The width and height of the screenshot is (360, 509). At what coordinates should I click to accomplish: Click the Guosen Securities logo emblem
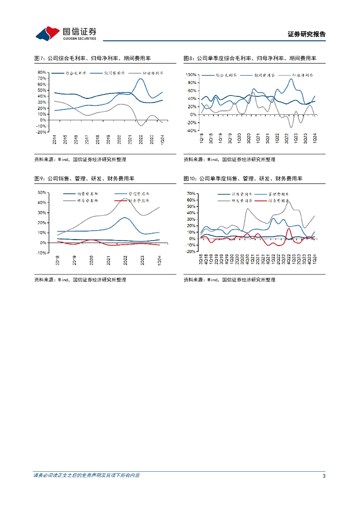(48, 33)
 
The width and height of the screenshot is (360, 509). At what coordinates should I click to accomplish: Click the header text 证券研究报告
(306, 34)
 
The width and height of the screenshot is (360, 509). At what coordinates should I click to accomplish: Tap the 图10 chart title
(243, 178)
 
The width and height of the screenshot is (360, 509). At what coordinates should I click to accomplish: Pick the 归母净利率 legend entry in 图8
(301, 75)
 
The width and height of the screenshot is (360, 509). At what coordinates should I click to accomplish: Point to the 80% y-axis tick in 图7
(42, 72)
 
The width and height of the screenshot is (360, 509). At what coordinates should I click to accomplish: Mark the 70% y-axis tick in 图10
(191, 193)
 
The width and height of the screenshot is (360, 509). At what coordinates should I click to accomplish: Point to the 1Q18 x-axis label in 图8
(202, 139)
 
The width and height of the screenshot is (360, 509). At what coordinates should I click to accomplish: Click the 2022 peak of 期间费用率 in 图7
(141, 79)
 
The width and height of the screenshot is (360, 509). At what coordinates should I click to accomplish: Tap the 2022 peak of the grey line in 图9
(124, 199)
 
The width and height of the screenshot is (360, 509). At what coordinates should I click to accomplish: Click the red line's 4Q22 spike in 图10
(289, 229)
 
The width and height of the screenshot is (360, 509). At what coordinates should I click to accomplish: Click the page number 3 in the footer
(324, 476)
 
